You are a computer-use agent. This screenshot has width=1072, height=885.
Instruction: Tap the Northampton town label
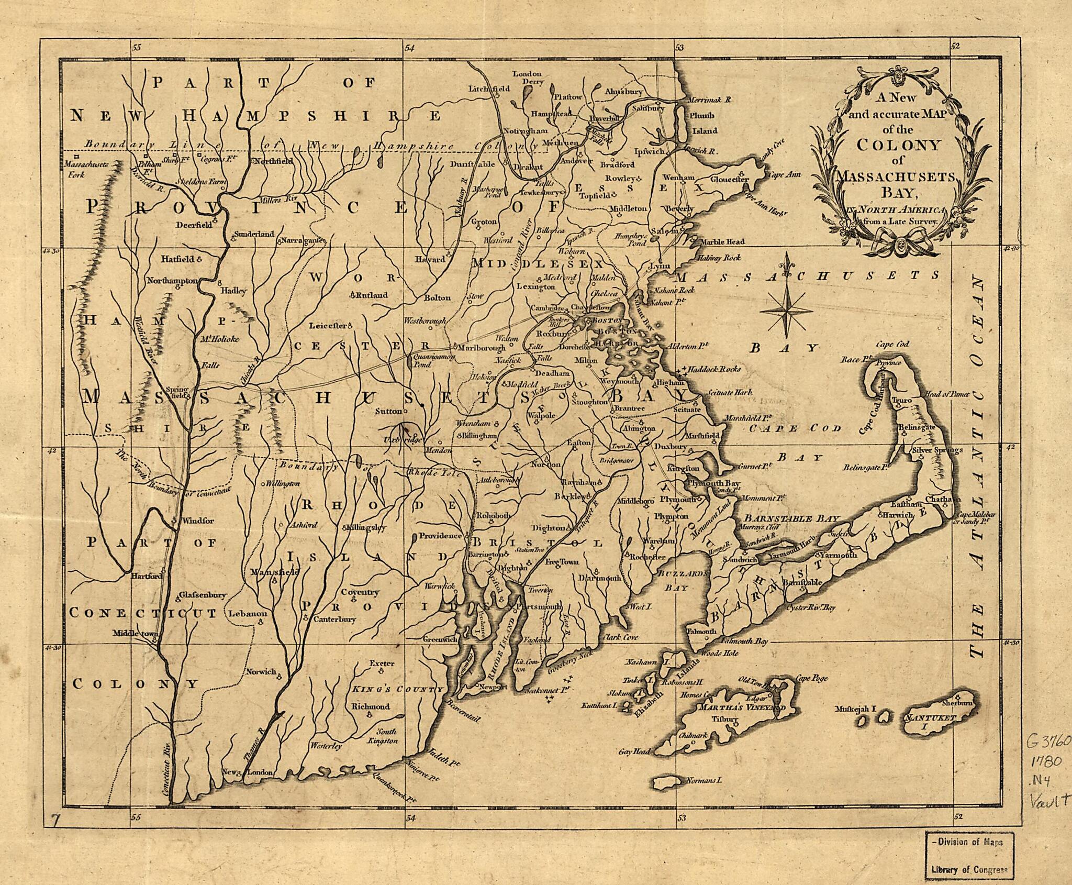pos(172,281)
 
